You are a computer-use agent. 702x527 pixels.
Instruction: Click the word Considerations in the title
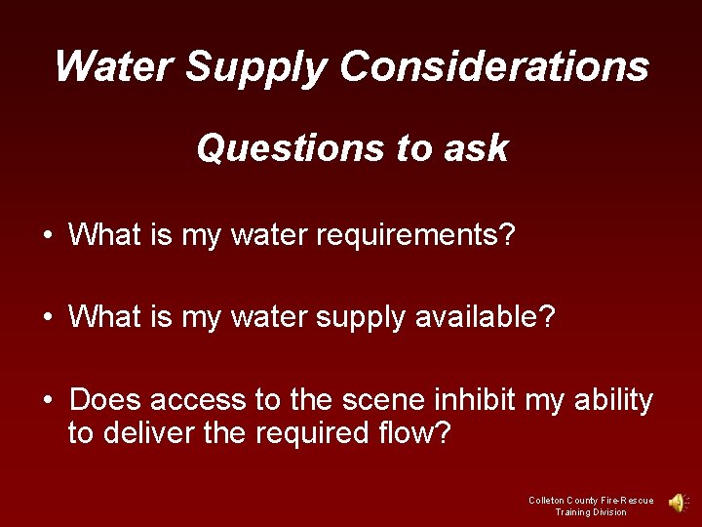494,66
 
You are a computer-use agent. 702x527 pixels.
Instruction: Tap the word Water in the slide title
113,66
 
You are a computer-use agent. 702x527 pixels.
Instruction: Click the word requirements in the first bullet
407,235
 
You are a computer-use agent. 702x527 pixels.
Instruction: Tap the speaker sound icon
676,503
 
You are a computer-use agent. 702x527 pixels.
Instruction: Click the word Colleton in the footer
546,501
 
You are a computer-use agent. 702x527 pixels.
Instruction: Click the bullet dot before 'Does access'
48,400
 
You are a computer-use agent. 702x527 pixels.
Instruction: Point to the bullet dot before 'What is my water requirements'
48,235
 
